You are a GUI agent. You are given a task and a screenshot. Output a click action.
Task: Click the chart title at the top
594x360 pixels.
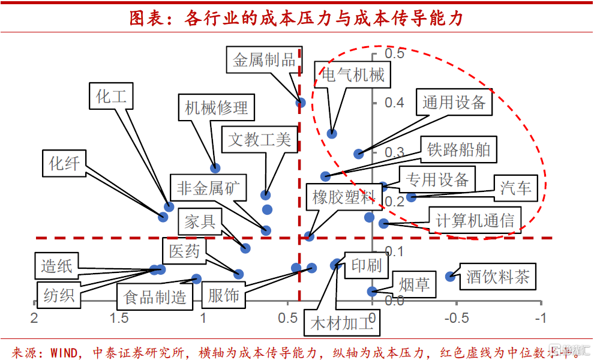(x=297, y=18)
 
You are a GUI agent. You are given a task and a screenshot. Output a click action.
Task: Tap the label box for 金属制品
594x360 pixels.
(x=265, y=59)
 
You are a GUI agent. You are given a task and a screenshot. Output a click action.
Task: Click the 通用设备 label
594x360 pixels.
(x=454, y=103)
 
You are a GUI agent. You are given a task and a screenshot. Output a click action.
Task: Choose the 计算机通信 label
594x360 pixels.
(x=475, y=220)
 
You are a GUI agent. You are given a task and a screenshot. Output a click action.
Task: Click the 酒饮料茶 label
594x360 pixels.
(x=497, y=277)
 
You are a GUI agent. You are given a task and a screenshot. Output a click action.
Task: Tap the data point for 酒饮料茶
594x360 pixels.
(x=450, y=276)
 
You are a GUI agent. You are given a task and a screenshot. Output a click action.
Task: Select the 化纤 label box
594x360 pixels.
(x=64, y=163)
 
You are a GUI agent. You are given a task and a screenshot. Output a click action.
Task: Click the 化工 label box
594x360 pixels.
(x=112, y=97)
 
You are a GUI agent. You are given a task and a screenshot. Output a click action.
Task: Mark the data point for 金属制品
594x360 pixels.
(x=301, y=103)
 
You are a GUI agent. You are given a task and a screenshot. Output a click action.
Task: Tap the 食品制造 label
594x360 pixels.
(x=155, y=296)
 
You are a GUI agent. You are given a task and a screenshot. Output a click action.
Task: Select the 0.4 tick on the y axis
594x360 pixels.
(x=394, y=103)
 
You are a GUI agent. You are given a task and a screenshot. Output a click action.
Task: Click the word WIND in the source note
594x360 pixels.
(x=64, y=351)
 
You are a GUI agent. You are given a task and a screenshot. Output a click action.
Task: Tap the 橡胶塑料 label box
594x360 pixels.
(x=343, y=197)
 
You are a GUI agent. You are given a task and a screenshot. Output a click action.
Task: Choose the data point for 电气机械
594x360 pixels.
(x=332, y=133)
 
